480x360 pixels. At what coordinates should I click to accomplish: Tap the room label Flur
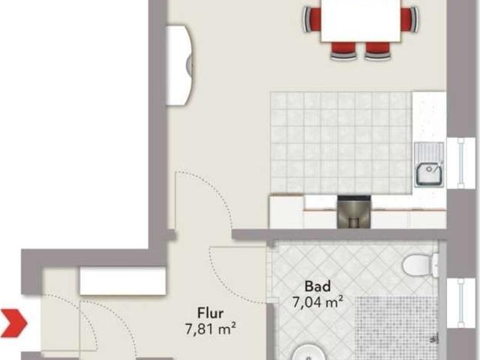tap(210, 313)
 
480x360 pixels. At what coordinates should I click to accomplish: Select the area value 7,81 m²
tap(210, 329)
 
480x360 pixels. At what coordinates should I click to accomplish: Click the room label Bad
tap(317, 286)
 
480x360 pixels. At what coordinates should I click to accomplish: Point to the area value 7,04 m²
tap(317, 301)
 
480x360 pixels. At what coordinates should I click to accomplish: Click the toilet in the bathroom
tap(421, 265)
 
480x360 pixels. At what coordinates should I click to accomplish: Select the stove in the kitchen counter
tap(354, 211)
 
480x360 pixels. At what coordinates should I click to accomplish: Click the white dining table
tap(361, 20)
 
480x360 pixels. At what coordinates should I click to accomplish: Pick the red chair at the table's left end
tap(312, 19)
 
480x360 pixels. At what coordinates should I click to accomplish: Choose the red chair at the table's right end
tap(409, 19)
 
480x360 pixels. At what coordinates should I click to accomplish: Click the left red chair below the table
tap(343, 50)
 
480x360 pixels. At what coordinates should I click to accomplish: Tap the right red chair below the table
tap(378, 50)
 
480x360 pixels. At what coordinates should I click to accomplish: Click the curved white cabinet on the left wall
tap(178, 65)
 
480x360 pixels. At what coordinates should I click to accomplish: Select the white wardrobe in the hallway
tap(123, 280)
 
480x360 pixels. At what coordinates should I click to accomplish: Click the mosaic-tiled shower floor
tap(396, 328)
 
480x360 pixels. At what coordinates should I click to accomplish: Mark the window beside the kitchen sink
tap(460, 163)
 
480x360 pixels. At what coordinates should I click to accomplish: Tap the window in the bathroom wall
tap(460, 303)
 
